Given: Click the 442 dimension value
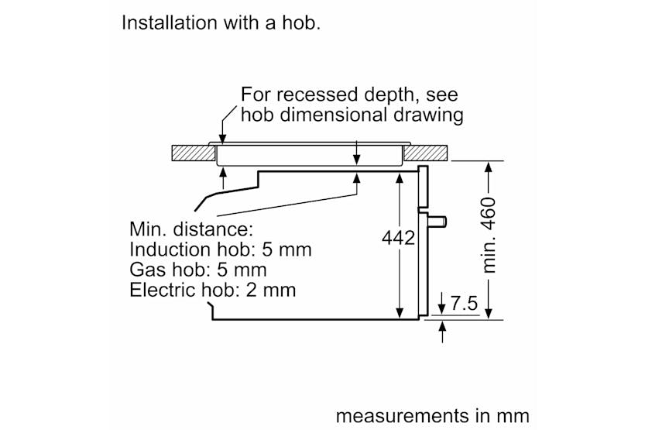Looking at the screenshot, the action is tap(398, 238).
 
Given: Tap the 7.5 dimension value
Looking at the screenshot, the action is tap(464, 304).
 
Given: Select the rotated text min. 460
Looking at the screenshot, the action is tap(489, 236).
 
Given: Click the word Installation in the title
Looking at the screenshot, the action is tap(170, 22).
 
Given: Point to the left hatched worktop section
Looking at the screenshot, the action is tap(194, 153).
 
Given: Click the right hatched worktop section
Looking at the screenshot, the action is tap(425, 153).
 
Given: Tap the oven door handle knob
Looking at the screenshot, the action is tap(437, 222).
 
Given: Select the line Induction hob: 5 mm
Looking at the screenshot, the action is tap(221, 249).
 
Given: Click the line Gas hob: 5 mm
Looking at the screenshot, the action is tap(198, 270).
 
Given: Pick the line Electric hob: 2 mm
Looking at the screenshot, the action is tap(213, 290).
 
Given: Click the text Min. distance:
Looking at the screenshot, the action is tap(191, 229).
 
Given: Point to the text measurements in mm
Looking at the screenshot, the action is tap(433, 415).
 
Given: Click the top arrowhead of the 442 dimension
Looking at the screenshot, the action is tap(399, 177).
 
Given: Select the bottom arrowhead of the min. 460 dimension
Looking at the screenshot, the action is tap(489, 314).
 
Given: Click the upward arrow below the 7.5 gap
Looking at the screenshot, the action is tap(442, 332).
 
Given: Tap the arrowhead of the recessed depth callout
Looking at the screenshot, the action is tap(222, 139).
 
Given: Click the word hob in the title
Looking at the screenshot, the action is tap(301, 22).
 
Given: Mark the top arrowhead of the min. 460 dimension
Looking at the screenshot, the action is tap(489, 167).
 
